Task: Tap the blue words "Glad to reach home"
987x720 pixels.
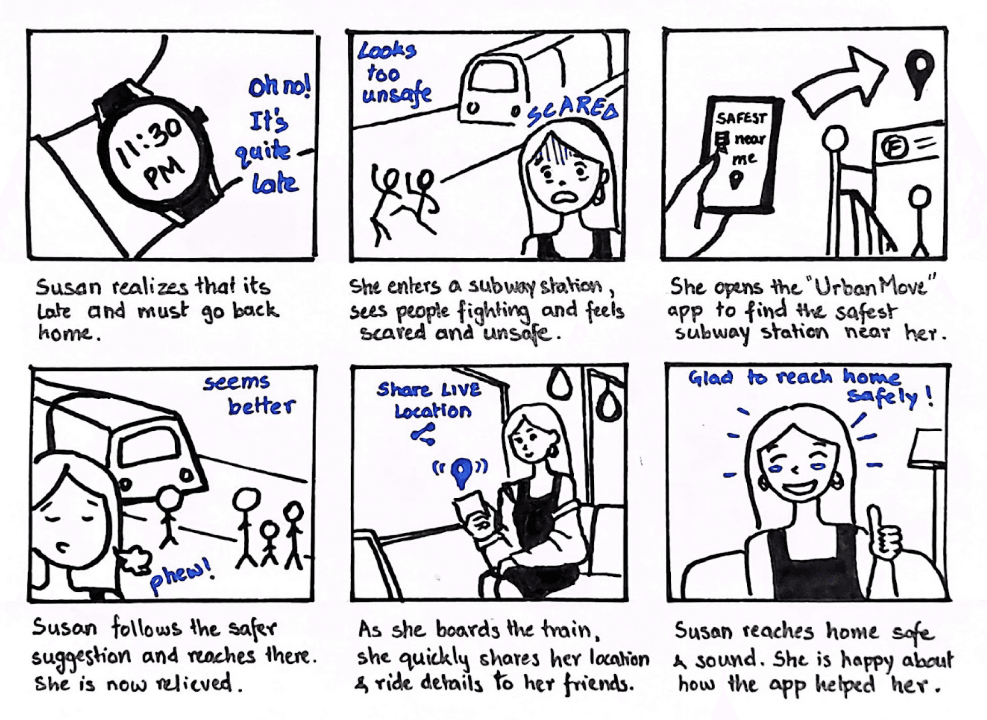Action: pyautogui.click(x=794, y=377)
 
